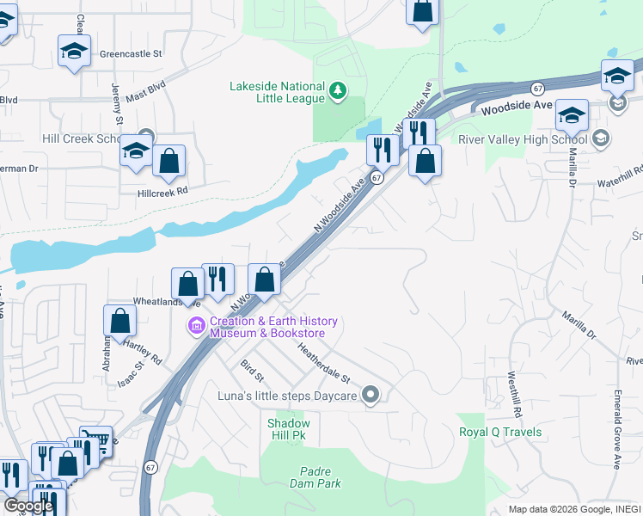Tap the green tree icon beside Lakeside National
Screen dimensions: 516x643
coord(339,89)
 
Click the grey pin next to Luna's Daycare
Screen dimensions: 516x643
coord(370,395)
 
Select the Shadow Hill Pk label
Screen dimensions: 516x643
coord(288,430)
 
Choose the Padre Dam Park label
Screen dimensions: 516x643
coord(321,477)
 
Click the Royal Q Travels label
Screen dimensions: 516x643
coord(500,432)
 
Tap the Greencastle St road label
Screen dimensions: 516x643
coord(131,53)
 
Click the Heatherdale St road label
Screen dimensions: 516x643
coord(324,364)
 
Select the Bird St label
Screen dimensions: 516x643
coord(251,373)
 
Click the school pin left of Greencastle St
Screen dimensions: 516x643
coord(74,52)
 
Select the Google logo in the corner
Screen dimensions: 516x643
coord(28,507)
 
